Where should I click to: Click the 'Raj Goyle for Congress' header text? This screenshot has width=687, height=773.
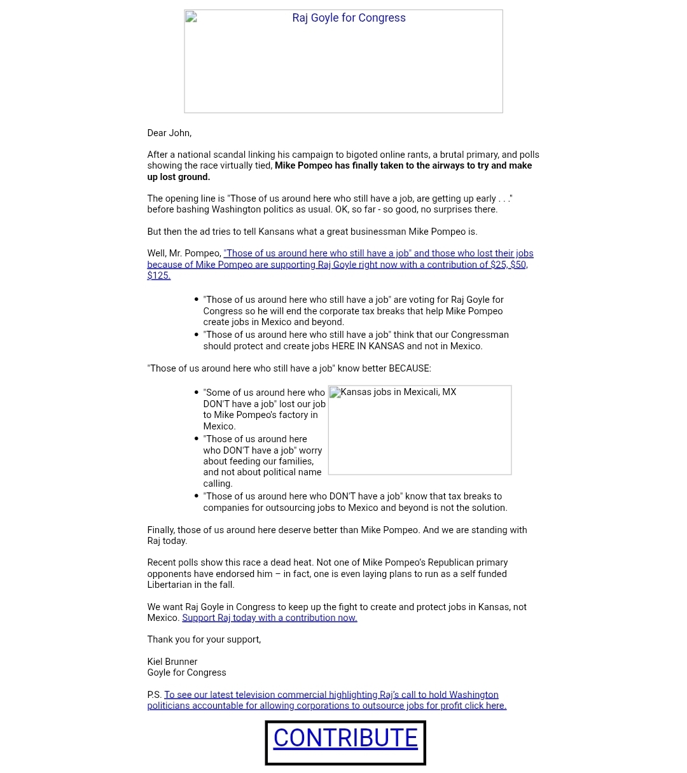tap(349, 18)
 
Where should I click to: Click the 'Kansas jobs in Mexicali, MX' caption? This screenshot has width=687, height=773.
tap(398, 392)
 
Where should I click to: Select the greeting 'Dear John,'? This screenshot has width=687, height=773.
tap(169, 133)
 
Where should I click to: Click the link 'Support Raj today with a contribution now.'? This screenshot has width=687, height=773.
tap(269, 618)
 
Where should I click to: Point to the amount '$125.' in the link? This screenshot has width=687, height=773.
tap(159, 275)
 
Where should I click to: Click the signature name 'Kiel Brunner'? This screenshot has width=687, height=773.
tap(172, 662)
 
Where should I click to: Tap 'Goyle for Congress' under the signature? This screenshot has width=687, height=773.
tap(186, 672)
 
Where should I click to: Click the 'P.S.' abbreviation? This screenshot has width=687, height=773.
tap(155, 695)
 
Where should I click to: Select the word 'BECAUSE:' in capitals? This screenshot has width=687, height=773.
tap(410, 368)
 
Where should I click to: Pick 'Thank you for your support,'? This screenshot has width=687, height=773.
tap(204, 639)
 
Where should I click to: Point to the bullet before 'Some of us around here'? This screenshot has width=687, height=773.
tap(196, 393)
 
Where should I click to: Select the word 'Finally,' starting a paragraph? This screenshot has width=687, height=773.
tap(161, 530)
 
